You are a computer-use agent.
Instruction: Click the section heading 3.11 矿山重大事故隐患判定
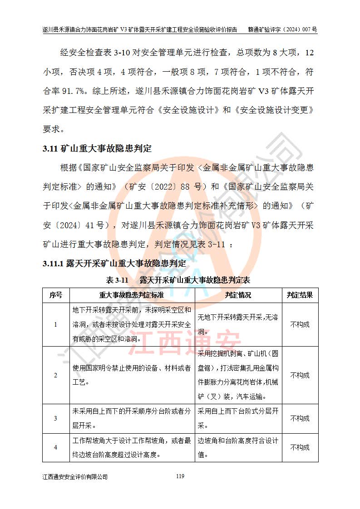(x=97, y=149)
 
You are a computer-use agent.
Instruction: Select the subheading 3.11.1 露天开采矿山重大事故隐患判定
(x=114, y=263)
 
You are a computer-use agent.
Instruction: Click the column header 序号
(x=55, y=295)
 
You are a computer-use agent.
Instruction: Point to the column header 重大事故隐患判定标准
(x=132, y=295)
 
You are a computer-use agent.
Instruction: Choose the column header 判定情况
(x=238, y=295)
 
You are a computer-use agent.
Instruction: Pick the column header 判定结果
(x=300, y=295)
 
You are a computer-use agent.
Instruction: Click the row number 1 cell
(x=55, y=324)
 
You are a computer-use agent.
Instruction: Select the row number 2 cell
(x=55, y=375)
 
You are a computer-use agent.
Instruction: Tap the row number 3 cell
(x=55, y=418)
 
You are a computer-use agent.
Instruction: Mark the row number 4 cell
(x=55, y=447)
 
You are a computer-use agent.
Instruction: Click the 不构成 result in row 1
(x=300, y=324)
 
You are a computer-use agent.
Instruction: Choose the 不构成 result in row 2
(x=300, y=375)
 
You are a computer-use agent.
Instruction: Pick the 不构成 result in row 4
(x=300, y=447)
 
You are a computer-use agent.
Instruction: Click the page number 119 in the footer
(x=180, y=476)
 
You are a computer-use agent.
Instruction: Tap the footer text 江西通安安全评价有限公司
(x=74, y=477)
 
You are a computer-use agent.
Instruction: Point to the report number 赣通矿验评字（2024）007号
(x=282, y=29)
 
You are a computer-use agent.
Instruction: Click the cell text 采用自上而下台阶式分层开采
(x=238, y=418)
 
